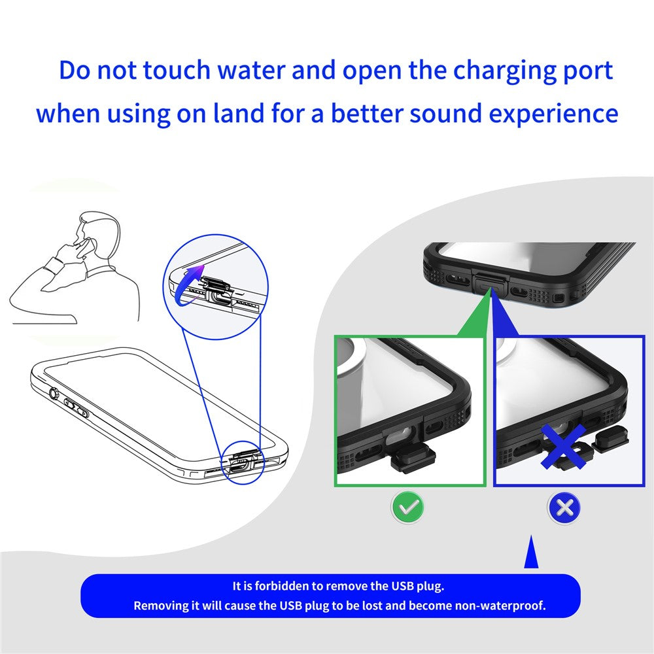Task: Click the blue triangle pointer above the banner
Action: point(531,553)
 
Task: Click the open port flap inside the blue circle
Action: point(213,286)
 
